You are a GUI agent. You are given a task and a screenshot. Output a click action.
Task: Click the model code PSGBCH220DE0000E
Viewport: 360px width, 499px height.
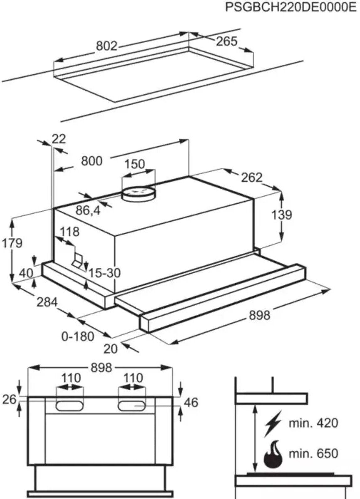point(291,8)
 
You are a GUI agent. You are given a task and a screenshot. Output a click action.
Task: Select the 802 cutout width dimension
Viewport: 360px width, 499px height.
point(107,46)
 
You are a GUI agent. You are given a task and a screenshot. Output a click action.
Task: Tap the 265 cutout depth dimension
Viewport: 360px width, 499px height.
point(226,41)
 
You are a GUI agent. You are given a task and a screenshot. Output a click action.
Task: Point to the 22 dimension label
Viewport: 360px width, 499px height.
point(59,139)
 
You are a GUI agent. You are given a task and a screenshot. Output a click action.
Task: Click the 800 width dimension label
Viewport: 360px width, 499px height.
point(91,161)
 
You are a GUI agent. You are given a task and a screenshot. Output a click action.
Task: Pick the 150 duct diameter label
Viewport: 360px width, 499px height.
point(135,164)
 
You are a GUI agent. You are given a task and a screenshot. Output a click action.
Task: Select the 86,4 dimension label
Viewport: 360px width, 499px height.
point(88,210)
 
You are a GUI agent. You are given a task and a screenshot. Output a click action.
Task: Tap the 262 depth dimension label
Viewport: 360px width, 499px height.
point(251,178)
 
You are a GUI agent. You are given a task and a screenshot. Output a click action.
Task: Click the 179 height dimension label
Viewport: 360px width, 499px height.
point(12,243)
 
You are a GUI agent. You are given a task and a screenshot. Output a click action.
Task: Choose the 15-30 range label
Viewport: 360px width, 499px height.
point(104,273)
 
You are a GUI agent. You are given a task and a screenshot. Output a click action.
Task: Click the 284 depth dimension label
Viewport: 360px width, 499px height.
point(46,302)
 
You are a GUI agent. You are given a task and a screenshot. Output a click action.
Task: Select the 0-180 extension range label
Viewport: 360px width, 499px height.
point(78,336)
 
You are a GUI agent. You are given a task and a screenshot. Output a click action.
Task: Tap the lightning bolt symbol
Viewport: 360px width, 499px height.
point(273,423)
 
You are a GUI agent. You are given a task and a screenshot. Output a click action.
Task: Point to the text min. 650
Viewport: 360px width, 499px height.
point(313,453)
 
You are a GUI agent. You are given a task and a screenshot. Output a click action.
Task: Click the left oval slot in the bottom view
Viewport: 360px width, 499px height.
point(69,405)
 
